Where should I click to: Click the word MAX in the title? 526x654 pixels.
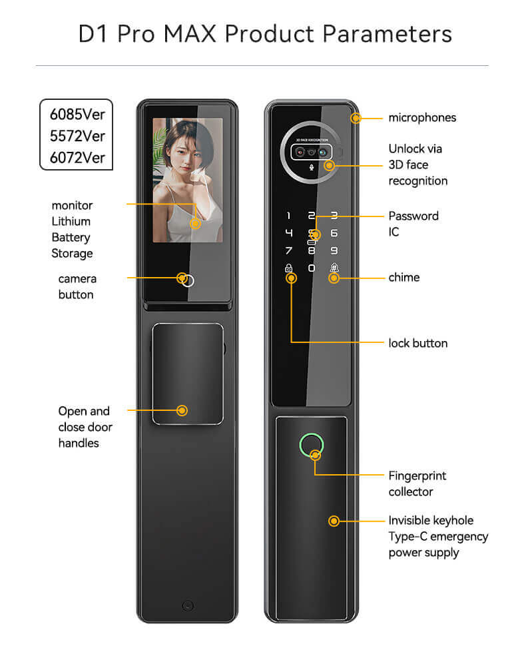pos(190,34)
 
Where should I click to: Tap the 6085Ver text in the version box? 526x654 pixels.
pos(77,115)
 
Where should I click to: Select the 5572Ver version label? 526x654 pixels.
pos(77,136)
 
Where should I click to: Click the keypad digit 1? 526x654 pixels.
pos(289,216)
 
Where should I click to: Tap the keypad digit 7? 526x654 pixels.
pos(289,250)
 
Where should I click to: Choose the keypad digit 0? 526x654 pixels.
pos(312,268)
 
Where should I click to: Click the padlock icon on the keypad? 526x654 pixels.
pos(288,267)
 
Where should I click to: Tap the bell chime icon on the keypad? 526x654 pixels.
pos(334,267)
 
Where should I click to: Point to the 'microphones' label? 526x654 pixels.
pos(422,118)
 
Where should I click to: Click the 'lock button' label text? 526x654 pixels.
pos(418,343)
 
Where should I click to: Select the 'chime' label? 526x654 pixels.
pos(404,277)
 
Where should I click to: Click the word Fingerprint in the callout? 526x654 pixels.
pos(417,476)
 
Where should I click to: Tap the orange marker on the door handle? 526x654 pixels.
pos(182,410)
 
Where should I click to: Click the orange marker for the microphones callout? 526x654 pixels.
pos(356,118)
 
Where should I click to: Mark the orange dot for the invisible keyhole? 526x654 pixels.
pos(334,521)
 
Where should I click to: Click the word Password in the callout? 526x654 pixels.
pos(413,216)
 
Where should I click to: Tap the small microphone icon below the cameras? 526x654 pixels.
pos(311,168)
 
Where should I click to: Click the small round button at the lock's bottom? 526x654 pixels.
pos(188,605)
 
